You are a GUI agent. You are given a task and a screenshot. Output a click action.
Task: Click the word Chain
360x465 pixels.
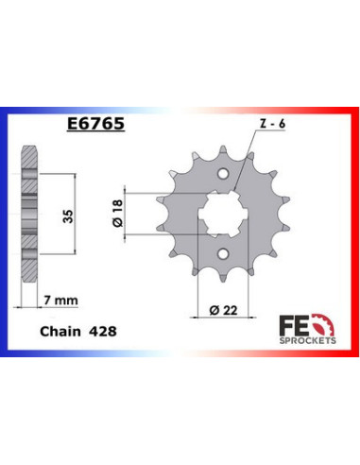60,332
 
